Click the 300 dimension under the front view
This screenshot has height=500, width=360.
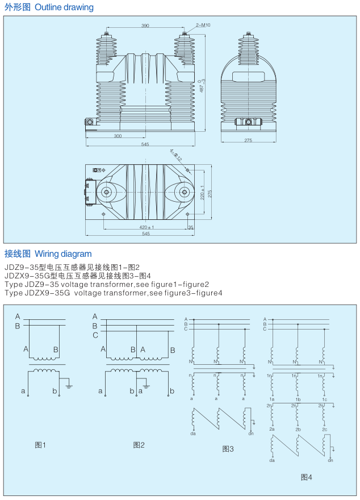coord(118,136)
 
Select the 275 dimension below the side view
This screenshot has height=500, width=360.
coord(248,140)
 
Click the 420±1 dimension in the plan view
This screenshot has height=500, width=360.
coord(146,227)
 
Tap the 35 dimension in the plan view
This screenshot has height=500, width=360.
coord(191,227)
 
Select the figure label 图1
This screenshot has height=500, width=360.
coord(40,445)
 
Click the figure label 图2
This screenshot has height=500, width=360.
coord(139,445)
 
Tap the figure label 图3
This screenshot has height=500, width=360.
coord(228,449)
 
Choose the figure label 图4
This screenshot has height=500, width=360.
coord(306,477)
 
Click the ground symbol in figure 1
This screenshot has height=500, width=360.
coord(69,386)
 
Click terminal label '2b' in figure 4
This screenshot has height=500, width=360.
coord(298,430)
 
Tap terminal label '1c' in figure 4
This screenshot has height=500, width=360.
coord(324,400)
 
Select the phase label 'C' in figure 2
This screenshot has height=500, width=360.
coord(95,335)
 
